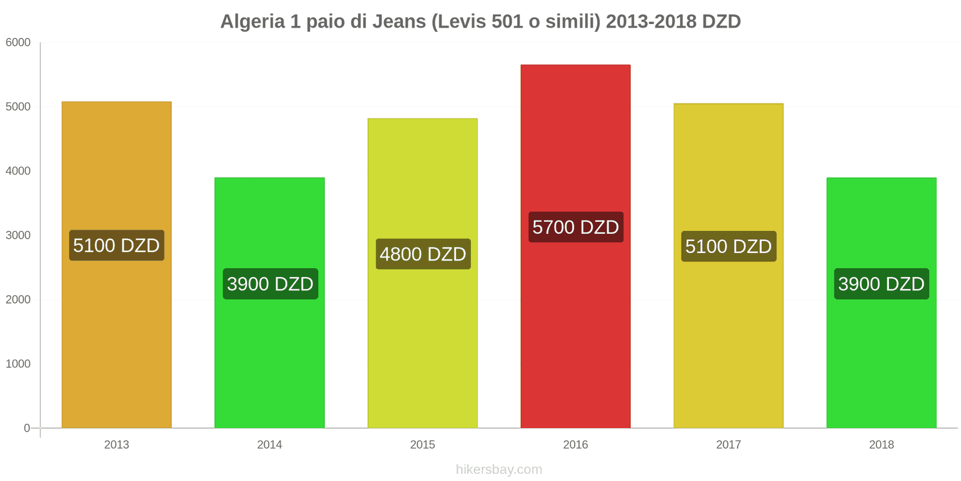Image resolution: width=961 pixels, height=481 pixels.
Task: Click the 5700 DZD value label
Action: point(575,227)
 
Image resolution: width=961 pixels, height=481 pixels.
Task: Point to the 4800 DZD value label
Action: point(423,254)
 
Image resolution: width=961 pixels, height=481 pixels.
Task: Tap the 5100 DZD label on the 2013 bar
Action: point(117,245)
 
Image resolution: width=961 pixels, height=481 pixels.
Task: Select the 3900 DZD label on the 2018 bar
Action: point(881,284)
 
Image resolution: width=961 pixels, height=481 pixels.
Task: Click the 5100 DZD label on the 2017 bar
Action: point(728,247)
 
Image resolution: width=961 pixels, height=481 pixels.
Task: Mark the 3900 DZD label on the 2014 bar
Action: point(270,284)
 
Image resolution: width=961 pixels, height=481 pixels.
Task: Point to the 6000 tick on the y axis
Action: point(18,43)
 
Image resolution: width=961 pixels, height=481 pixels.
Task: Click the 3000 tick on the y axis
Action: point(18,236)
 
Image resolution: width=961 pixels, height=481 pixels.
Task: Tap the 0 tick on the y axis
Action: point(26,428)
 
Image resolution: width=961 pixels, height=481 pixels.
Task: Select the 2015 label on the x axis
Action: point(422,445)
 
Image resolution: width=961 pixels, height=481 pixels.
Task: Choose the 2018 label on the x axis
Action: point(881,445)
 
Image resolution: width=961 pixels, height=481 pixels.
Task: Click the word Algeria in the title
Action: point(252,22)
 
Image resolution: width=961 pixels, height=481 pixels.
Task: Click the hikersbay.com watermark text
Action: point(499,470)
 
